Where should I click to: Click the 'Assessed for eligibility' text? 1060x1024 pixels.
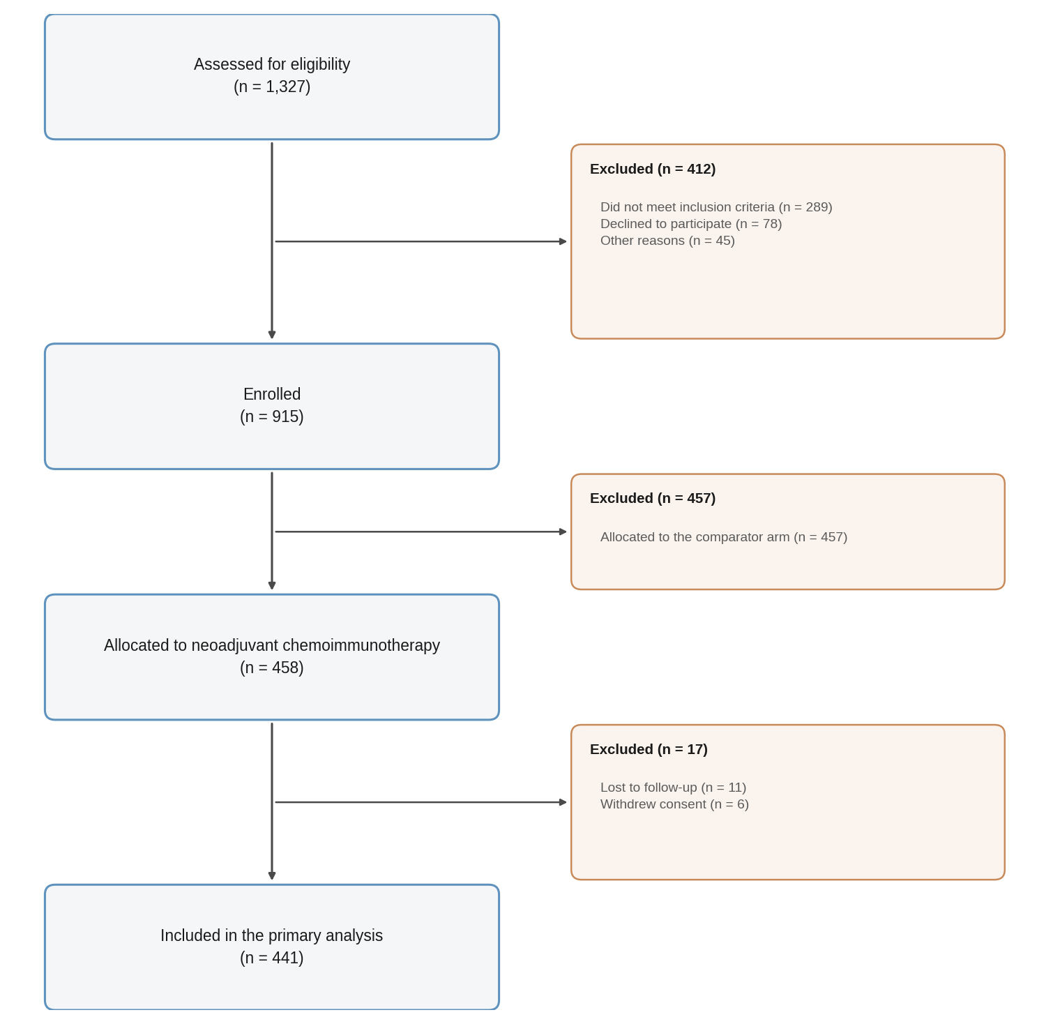click(x=272, y=64)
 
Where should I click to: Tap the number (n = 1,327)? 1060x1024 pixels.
click(x=272, y=86)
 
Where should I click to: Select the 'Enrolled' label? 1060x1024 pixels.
click(x=272, y=394)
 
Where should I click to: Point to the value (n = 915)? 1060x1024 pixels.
click(x=272, y=416)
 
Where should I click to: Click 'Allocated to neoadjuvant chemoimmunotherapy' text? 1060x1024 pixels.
click(x=272, y=645)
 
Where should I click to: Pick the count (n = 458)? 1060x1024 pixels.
click(x=272, y=668)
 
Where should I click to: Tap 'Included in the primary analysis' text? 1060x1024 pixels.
click(x=272, y=935)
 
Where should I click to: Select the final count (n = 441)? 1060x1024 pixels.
click(x=272, y=958)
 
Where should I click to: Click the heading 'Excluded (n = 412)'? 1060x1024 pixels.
click(x=653, y=169)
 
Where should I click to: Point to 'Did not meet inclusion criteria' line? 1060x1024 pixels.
click(x=716, y=207)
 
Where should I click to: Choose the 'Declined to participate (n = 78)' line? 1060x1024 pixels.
click(x=691, y=224)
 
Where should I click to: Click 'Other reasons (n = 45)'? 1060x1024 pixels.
click(x=667, y=241)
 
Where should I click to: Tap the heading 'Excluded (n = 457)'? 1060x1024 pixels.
click(x=653, y=498)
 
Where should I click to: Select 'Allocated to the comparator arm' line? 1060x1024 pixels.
click(x=724, y=537)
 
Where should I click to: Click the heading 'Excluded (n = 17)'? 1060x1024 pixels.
click(x=649, y=749)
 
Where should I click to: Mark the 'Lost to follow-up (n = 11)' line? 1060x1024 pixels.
click(x=673, y=788)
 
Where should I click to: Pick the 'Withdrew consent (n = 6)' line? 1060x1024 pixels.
click(x=674, y=804)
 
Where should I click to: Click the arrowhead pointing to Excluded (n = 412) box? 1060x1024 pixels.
click(x=563, y=241)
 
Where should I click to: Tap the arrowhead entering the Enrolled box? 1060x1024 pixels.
click(x=272, y=335)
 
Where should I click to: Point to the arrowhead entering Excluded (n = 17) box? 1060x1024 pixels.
click(x=563, y=802)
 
